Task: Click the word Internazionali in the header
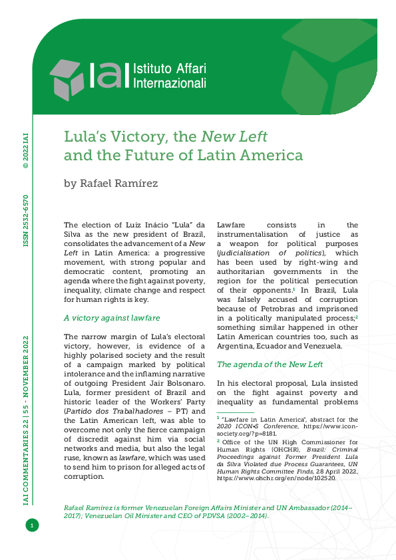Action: pyautogui.click(x=170, y=84)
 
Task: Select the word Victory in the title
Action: pyautogui.click(x=138, y=138)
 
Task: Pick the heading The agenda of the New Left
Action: pyautogui.click(x=270, y=364)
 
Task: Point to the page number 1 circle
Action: pyautogui.click(x=31, y=526)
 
